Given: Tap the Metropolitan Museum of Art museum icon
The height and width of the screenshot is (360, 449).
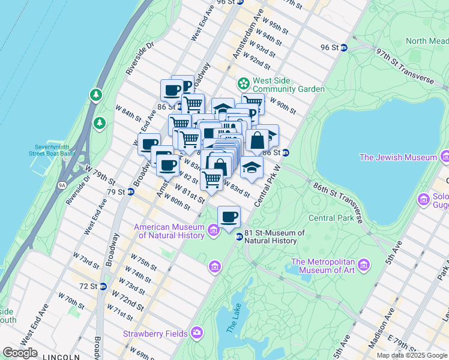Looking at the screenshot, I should [x=363, y=265].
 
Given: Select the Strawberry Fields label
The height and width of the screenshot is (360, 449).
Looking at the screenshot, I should [x=155, y=333].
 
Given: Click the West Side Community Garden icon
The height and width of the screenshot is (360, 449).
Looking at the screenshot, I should [x=244, y=82].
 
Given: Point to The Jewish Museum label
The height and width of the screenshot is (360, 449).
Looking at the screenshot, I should [x=398, y=157].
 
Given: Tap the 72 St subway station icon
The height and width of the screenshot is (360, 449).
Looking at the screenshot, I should [x=103, y=286].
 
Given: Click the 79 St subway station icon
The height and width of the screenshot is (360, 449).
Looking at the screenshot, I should [x=130, y=192].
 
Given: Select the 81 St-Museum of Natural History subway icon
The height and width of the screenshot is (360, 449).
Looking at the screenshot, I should [x=239, y=236].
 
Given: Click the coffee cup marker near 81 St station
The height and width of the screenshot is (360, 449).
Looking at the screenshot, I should [x=228, y=217].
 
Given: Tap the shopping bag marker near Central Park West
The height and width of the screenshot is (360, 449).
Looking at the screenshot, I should [x=257, y=141].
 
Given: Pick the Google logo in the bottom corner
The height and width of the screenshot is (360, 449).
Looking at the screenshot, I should [x=20, y=353].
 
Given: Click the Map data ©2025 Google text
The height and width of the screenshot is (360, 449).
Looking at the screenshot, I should [x=412, y=355].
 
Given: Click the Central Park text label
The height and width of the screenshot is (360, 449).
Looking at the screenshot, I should [x=331, y=218].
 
